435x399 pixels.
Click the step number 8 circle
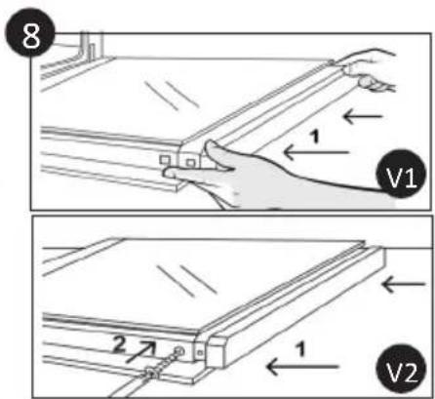(30, 32)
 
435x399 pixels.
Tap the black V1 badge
(401, 174)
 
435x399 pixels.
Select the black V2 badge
(401, 369)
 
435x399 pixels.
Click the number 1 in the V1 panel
(314, 137)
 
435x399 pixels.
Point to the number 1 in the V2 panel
(301, 350)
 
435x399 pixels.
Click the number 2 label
(119, 344)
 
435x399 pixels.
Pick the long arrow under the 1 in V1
(316, 152)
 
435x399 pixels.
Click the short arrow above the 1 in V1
(364, 116)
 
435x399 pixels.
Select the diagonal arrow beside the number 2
(140, 351)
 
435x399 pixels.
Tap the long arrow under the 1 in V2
(302, 367)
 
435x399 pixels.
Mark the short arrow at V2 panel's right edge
(404, 284)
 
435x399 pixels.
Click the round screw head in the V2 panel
(178, 351)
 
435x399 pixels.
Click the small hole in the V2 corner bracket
(200, 352)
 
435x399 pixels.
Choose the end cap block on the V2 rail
(216, 352)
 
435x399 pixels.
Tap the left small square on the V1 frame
(164, 160)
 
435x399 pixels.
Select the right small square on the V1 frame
(190, 162)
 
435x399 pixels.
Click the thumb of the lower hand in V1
(217, 155)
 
